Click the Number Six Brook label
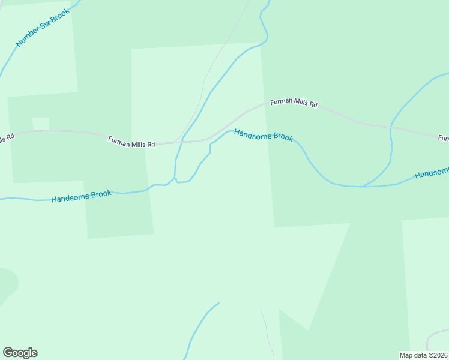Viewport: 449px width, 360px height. click(43, 28)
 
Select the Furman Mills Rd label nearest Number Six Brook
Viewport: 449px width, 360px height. click(131, 142)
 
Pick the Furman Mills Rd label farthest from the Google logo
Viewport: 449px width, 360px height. click(294, 103)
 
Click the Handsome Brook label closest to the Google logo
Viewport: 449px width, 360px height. click(81, 196)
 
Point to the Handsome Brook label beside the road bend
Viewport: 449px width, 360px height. click(264, 136)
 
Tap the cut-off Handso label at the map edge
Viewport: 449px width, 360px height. click(432, 173)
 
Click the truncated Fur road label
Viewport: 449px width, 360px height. click(443, 138)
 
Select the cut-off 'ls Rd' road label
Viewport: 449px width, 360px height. click(6, 139)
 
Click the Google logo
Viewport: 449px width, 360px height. click(20, 353)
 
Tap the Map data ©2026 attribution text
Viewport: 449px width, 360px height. click(423, 355)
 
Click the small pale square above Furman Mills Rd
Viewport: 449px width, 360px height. click(41, 123)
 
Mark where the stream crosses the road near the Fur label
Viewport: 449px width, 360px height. click(391, 127)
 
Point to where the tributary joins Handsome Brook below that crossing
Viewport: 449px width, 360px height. click(363, 186)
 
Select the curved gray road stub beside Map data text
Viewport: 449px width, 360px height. click(433, 337)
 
